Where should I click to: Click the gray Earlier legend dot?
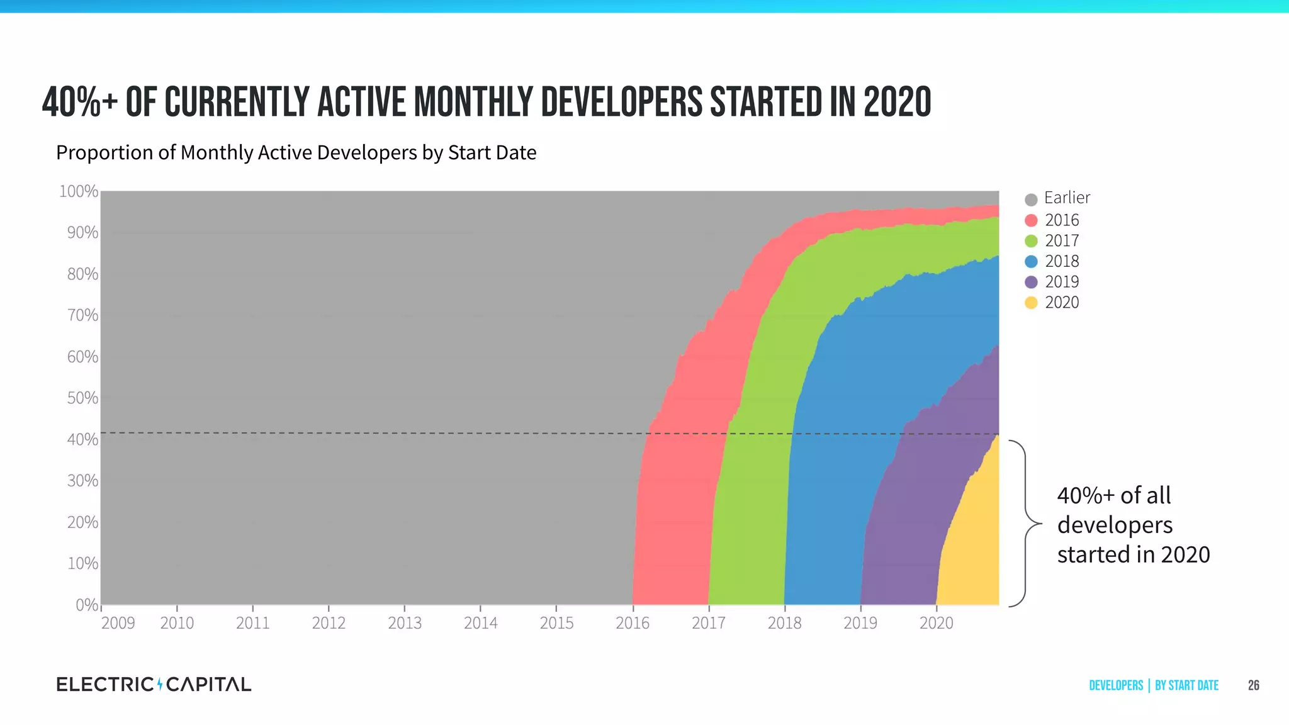coord(1031,200)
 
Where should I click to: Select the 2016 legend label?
coord(1062,220)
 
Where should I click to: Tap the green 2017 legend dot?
coord(1031,241)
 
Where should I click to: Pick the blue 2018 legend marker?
coord(1031,262)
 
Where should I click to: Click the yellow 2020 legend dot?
coord(1031,303)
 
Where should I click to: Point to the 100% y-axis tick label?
coord(79,191)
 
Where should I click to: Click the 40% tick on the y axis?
coord(82,439)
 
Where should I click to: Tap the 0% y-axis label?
coord(87,605)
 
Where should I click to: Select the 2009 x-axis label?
coord(118,623)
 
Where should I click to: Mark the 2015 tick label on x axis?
coord(556,623)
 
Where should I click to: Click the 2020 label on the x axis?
coord(936,623)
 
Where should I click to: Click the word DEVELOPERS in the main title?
coord(621,103)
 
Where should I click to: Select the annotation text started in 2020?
coord(1133,554)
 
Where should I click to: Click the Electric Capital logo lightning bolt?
coord(160,684)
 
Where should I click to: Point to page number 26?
coord(1253,685)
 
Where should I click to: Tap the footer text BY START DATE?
coord(1186,685)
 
